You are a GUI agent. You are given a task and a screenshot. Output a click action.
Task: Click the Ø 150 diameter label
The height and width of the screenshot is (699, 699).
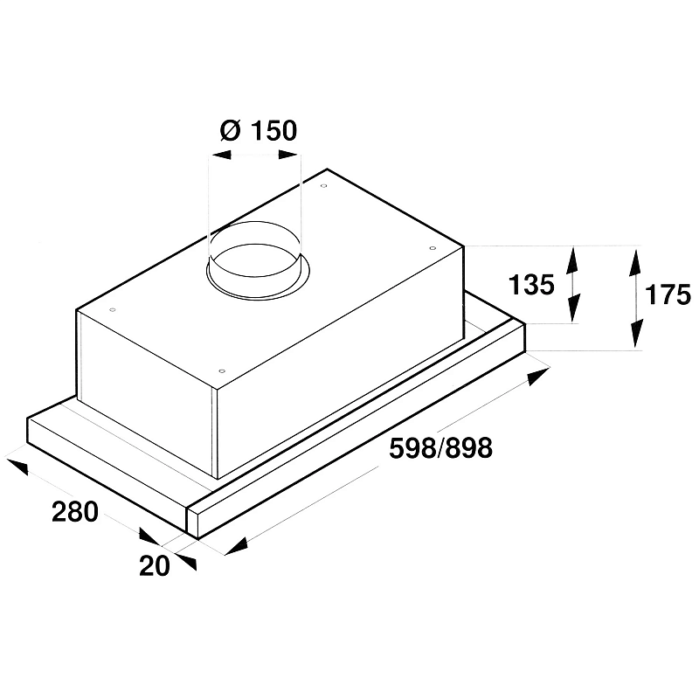point(260,131)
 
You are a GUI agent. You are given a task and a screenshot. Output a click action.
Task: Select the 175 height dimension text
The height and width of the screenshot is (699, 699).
point(668,295)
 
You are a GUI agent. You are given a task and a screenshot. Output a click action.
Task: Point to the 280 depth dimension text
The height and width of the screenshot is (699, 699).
point(74,512)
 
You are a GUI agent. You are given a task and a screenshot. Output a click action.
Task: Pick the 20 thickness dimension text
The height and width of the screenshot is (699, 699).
point(154,565)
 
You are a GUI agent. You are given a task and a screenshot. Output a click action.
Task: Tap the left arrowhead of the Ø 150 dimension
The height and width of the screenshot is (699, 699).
point(219,155)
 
